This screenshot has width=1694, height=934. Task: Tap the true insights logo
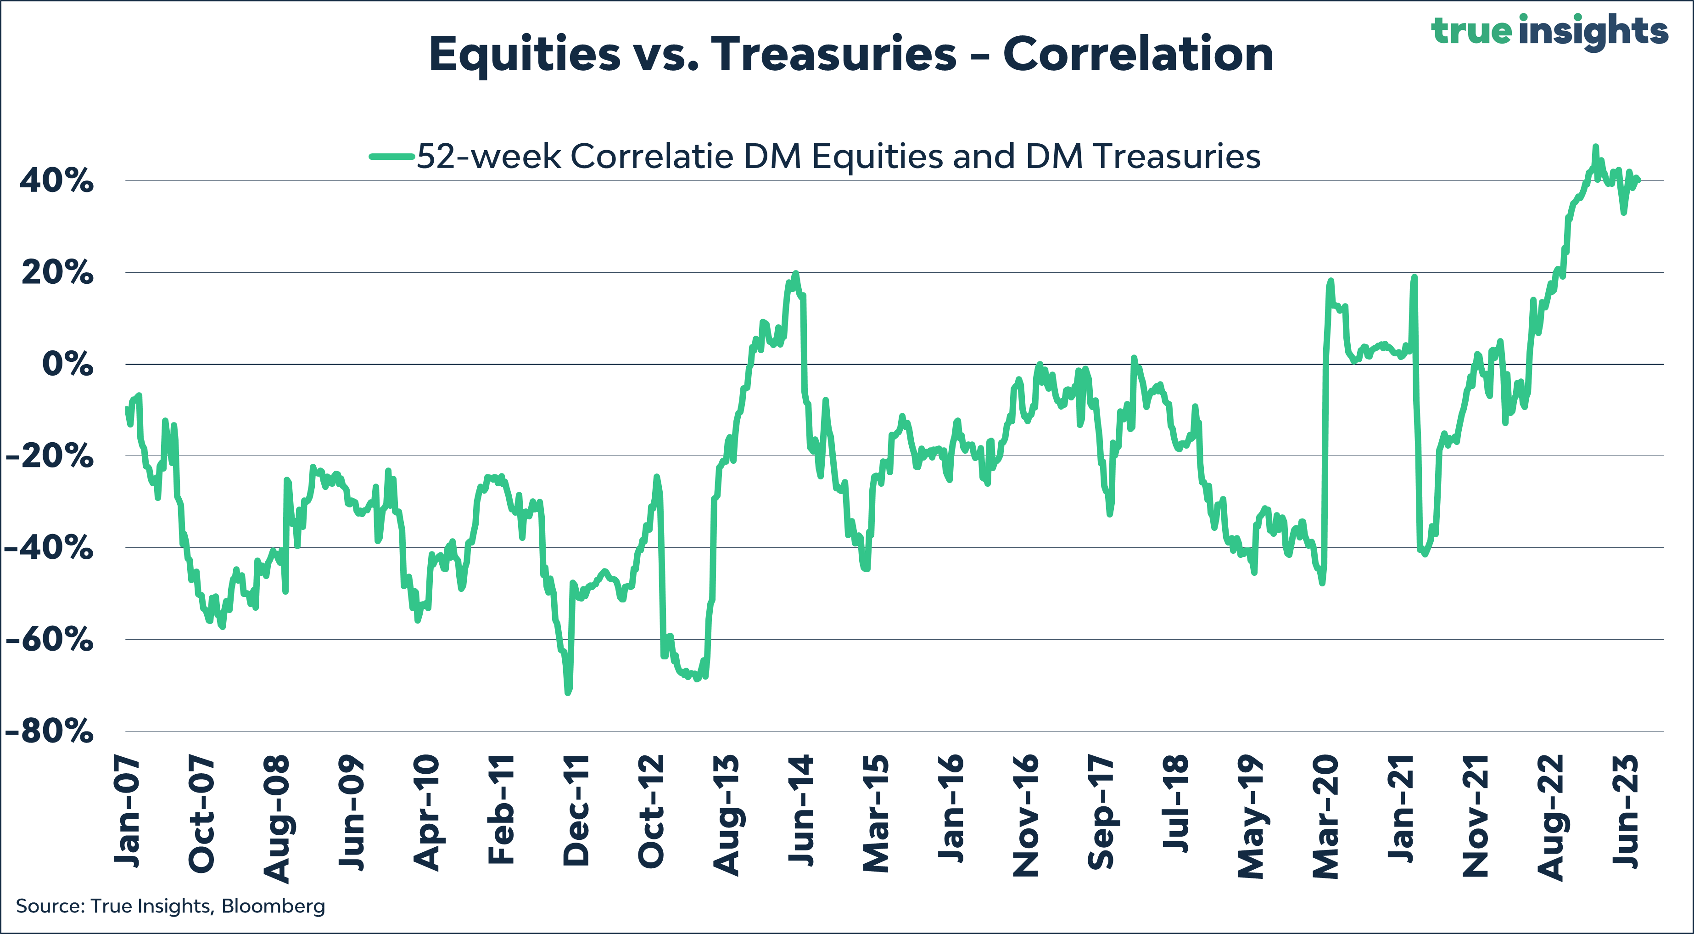pos(1549,30)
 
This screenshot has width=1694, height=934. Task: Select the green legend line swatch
pos(392,157)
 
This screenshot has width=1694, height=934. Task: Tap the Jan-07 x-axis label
pos(127,812)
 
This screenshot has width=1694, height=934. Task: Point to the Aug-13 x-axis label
pos(726,815)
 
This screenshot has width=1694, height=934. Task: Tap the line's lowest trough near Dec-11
pos(568,692)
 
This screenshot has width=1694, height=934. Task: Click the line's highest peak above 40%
pos(1595,146)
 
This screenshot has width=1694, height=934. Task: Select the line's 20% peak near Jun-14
pos(796,273)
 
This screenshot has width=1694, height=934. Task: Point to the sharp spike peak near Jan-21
pos(1414,277)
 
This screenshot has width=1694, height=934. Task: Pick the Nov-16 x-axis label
pos(1026,816)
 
